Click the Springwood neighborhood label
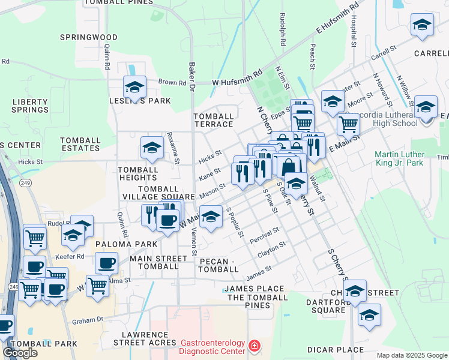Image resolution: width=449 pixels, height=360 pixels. point(88,37)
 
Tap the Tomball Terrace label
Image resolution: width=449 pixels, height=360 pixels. point(213,120)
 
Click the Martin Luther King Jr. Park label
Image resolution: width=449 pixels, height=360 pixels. point(399,158)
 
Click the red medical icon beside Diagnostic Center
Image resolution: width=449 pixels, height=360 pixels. point(255,347)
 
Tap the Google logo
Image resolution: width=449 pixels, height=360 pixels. point(20,353)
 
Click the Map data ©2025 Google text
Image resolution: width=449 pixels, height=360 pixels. point(412,355)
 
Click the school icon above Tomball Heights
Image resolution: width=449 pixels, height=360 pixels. point(152,148)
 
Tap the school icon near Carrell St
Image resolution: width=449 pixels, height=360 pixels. point(422,26)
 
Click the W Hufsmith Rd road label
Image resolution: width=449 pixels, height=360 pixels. point(238,77)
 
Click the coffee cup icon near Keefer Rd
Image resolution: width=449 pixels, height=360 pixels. point(106,263)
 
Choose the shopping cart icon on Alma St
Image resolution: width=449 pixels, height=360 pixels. point(97,286)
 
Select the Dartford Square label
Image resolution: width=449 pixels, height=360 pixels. point(328,306)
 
